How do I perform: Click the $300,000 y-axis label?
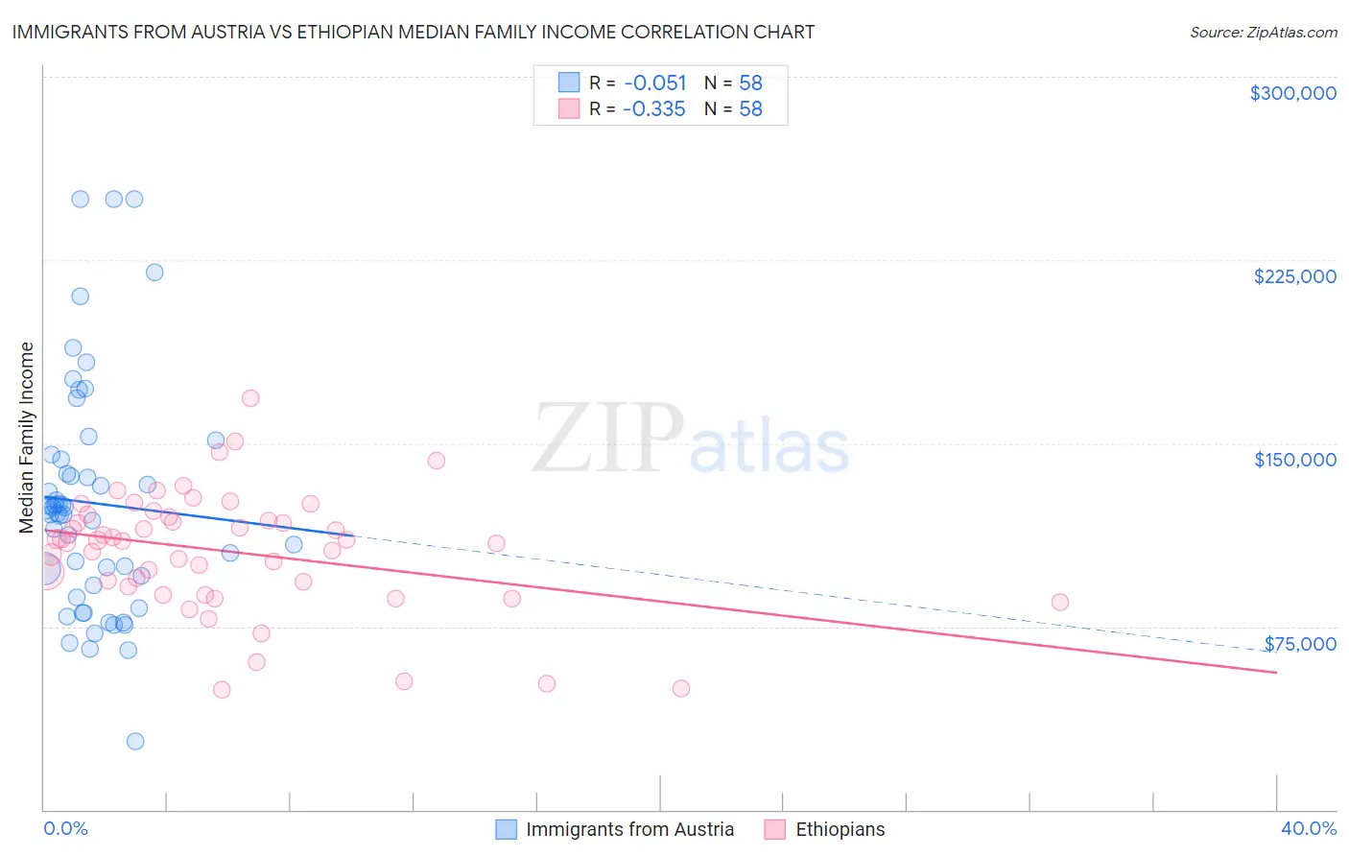(1292, 93)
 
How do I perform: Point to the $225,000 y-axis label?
(1294, 276)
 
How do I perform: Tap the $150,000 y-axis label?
(1294, 460)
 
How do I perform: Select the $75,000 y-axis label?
(1299, 644)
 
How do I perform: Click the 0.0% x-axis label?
(65, 828)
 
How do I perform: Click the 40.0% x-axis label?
(1308, 828)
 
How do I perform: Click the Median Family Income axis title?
(27, 438)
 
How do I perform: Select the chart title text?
(414, 32)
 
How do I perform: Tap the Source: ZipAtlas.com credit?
(1263, 32)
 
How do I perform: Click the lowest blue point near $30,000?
(135, 741)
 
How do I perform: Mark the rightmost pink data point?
(1059, 602)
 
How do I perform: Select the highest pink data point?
(250, 398)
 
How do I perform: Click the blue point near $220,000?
(154, 272)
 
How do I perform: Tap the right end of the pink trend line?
(1276, 673)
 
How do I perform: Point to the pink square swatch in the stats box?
(569, 108)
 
